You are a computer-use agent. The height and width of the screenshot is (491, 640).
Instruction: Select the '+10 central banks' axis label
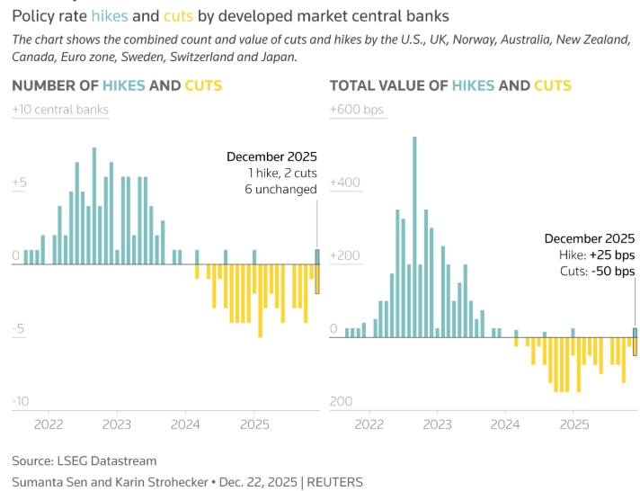[x=60, y=110]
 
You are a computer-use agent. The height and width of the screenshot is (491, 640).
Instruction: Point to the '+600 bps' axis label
[x=357, y=110]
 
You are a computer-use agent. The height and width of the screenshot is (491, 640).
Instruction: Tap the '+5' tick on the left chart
[x=20, y=183]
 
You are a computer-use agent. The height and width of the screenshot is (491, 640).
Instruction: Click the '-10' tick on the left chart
[x=22, y=401]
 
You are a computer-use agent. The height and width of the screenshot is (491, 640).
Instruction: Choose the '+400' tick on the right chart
[x=345, y=183]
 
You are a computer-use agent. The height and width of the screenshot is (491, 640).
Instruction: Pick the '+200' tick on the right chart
[x=345, y=256]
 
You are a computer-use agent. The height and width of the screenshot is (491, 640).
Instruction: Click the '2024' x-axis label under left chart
[x=185, y=424]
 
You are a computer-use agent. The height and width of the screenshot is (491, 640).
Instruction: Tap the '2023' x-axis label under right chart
[x=437, y=424]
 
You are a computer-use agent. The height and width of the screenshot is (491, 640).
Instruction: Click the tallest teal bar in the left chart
[x=94, y=206]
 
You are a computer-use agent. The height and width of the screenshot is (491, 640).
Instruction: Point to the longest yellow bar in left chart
[x=261, y=300]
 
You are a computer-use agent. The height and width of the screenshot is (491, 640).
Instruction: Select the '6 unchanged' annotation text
[x=280, y=190]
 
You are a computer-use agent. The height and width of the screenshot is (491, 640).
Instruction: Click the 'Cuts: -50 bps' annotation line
[x=597, y=271]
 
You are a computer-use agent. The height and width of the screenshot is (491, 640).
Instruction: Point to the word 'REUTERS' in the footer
[x=335, y=482]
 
